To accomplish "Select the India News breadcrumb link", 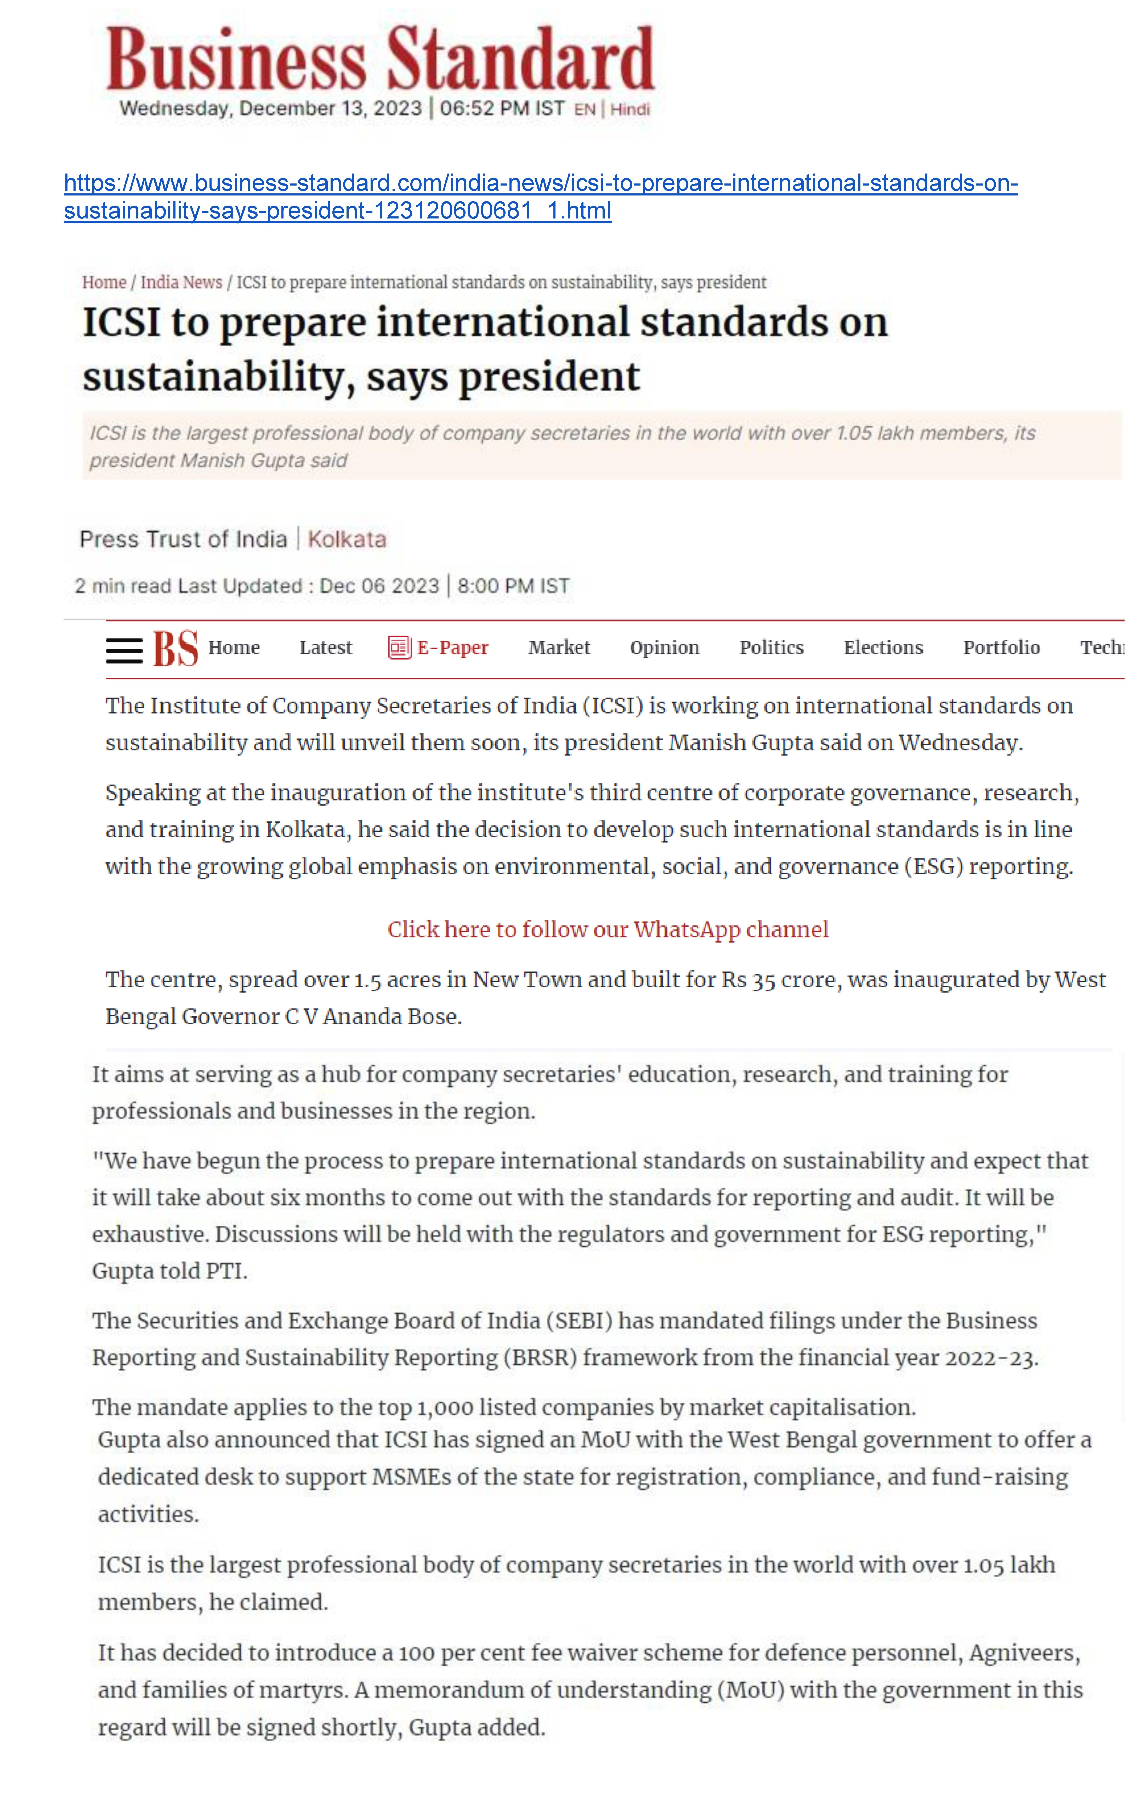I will [x=182, y=283].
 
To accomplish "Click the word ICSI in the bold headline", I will [x=121, y=323].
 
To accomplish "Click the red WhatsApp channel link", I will [x=608, y=930].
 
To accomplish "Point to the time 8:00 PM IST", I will [x=513, y=586].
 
